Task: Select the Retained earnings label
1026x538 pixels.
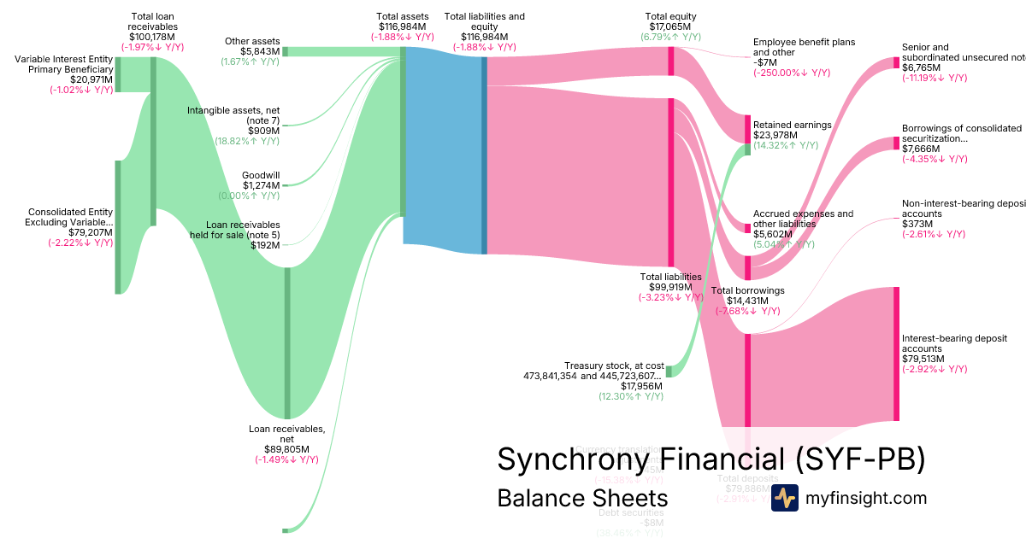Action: [x=792, y=125]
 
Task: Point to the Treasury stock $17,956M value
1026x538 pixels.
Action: [x=638, y=385]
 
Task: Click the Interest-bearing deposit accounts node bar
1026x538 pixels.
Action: [x=896, y=354]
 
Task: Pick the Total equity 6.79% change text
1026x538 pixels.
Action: [x=670, y=38]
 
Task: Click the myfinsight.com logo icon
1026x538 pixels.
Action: [x=784, y=498]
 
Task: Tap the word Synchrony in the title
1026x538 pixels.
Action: [x=569, y=459]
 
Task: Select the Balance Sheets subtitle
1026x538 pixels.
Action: [x=581, y=498]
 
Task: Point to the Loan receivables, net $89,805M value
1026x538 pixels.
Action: [x=286, y=449]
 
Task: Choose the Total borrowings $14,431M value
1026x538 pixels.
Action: [x=747, y=301]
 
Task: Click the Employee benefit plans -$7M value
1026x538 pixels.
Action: [x=765, y=62]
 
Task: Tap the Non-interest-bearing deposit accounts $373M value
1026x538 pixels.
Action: [x=917, y=224]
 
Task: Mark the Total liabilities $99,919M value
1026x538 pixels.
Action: [x=670, y=287]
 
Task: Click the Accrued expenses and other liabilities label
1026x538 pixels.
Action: [x=802, y=219]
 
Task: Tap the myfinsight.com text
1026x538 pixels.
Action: [x=865, y=498]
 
